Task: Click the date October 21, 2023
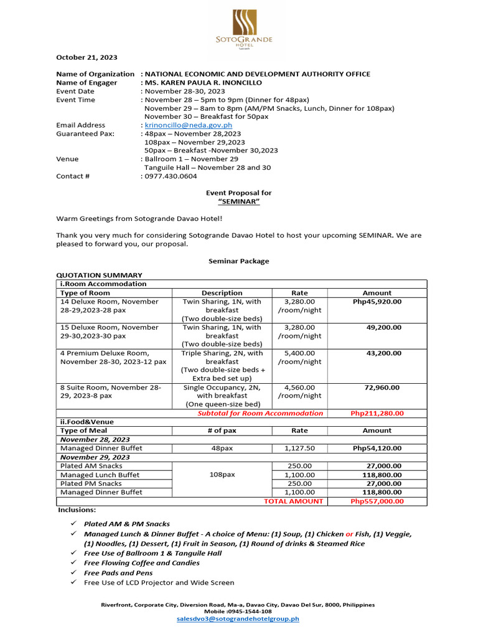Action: coord(87,57)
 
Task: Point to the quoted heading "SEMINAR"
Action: coord(238,202)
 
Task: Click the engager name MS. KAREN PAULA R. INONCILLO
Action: coord(203,83)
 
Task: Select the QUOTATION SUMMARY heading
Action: coord(99,275)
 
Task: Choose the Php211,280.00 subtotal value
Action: coord(377,413)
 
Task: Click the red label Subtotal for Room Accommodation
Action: coord(260,413)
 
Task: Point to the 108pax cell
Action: coord(222,474)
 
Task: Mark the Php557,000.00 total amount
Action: coord(377,501)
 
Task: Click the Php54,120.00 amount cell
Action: coord(377,448)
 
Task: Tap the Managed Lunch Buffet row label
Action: coord(100,475)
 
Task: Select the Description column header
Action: coord(222,293)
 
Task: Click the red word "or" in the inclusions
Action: coord(350,534)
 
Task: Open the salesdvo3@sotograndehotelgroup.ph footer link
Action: coord(238,619)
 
